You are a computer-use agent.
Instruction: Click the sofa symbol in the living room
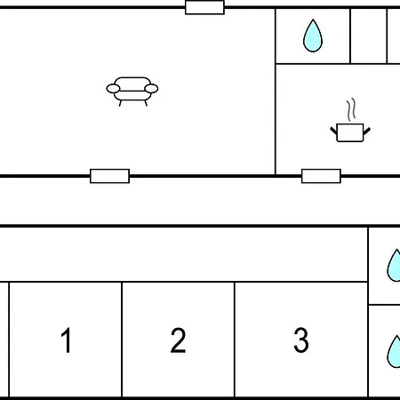[x=132, y=92]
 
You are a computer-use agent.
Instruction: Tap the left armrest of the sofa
[x=113, y=89]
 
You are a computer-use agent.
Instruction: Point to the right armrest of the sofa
[x=151, y=89]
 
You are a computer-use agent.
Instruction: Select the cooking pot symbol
[x=350, y=132]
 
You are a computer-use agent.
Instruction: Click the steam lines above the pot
[x=351, y=109]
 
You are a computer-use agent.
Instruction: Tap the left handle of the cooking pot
[x=333, y=131]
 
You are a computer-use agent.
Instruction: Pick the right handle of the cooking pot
[x=367, y=131]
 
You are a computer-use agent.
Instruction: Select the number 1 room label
[x=66, y=340]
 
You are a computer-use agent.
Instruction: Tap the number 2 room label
[x=178, y=340]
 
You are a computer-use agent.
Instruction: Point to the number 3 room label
[x=301, y=340]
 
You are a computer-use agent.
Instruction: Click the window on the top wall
[x=204, y=7]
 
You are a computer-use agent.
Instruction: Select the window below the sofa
[x=109, y=176]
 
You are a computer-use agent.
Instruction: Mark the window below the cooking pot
[x=321, y=176]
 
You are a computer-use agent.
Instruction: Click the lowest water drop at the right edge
[x=395, y=352]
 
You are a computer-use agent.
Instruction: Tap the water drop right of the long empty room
[x=395, y=266]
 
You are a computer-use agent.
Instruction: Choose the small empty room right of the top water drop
[x=369, y=36]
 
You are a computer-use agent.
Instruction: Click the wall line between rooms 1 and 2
[x=122, y=340]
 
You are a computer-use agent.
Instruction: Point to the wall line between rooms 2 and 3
[x=235, y=340]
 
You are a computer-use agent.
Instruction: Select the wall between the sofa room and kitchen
[x=276, y=92]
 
